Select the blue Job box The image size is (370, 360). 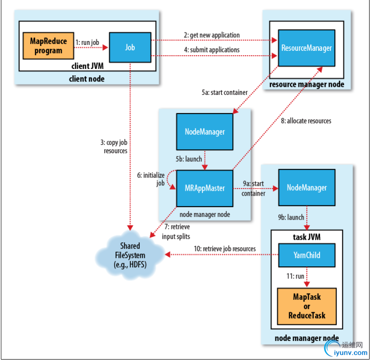[x=130, y=47]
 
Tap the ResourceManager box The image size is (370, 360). [x=306, y=47]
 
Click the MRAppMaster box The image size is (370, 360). [x=205, y=188]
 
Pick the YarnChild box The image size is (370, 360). [x=307, y=255]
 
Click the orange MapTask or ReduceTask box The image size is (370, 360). [x=307, y=306]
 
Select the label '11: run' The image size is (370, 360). [x=295, y=276]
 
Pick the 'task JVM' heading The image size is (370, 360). [x=307, y=237]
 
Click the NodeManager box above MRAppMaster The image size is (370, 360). [x=205, y=131]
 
